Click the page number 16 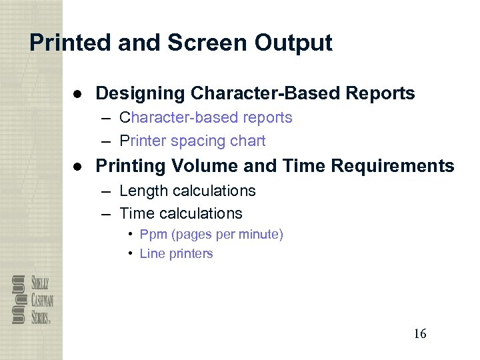(x=419, y=333)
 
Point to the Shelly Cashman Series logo (x=32, y=299)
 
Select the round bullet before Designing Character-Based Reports (x=78, y=93)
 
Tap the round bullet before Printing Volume (x=78, y=166)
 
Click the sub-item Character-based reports (x=205, y=118)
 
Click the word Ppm (x=152, y=235)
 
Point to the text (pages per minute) (x=226, y=235)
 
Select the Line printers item (x=176, y=254)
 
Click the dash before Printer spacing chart (x=107, y=141)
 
